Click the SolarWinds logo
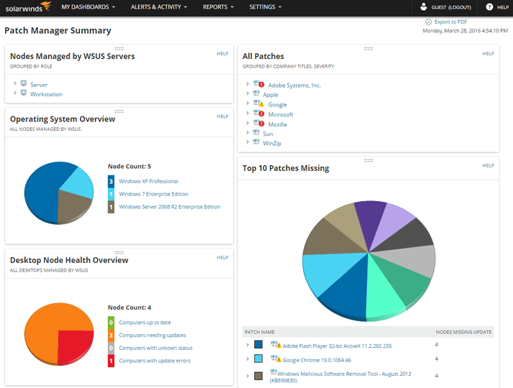pyautogui.click(x=26, y=8)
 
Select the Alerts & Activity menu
pyautogui.click(x=158, y=7)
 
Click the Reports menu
pyautogui.click(x=218, y=7)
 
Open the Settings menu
pyautogui.click(x=265, y=7)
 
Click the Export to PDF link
pyautogui.click(x=450, y=22)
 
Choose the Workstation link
pyautogui.click(x=46, y=94)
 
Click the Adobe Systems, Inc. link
pyautogui.click(x=294, y=85)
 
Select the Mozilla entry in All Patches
pyautogui.click(x=277, y=124)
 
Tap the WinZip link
pyautogui.click(x=272, y=143)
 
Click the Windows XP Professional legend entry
pyautogui.click(x=148, y=182)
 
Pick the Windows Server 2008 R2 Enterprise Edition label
pyautogui.click(x=170, y=207)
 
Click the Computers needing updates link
pyautogui.click(x=153, y=336)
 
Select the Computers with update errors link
pyautogui.click(x=155, y=361)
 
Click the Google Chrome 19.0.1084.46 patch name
pyautogui.click(x=316, y=359)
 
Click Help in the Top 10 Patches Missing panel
pyautogui.click(x=488, y=166)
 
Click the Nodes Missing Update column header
pyautogui.click(x=463, y=332)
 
